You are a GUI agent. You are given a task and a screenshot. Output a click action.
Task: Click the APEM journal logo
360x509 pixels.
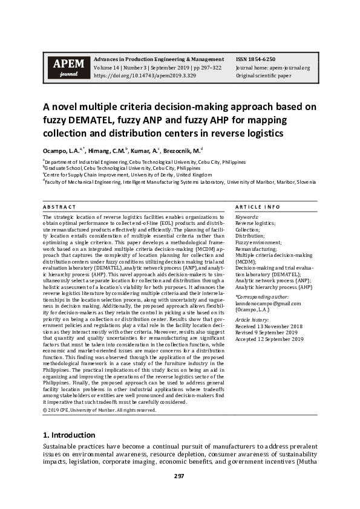(x=65, y=68)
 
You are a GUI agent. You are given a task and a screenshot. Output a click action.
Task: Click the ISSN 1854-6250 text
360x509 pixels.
(x=255, y=59)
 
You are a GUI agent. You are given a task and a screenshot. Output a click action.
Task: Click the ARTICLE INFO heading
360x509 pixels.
(x=254, y=207)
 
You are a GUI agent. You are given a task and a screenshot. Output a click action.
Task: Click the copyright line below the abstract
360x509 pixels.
(x=99, y=410)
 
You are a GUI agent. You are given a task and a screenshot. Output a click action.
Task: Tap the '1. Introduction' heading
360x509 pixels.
(x=69, y=435)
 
